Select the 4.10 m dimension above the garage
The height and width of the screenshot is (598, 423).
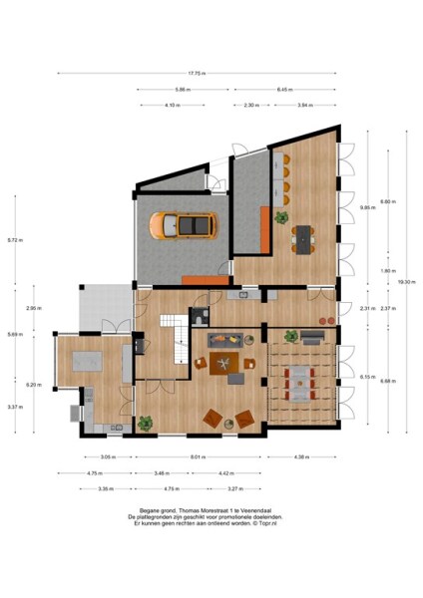coord(173,105)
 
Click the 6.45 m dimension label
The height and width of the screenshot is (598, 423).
coord(284,89)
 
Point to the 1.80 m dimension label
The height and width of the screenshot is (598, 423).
coord(372,271)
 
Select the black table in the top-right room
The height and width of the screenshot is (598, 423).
coord(302,236)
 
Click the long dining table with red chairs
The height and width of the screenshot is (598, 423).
coord(303,379)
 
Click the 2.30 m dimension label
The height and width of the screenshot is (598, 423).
coord(251,105)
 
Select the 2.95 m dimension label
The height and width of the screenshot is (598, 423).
coord(33,308)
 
